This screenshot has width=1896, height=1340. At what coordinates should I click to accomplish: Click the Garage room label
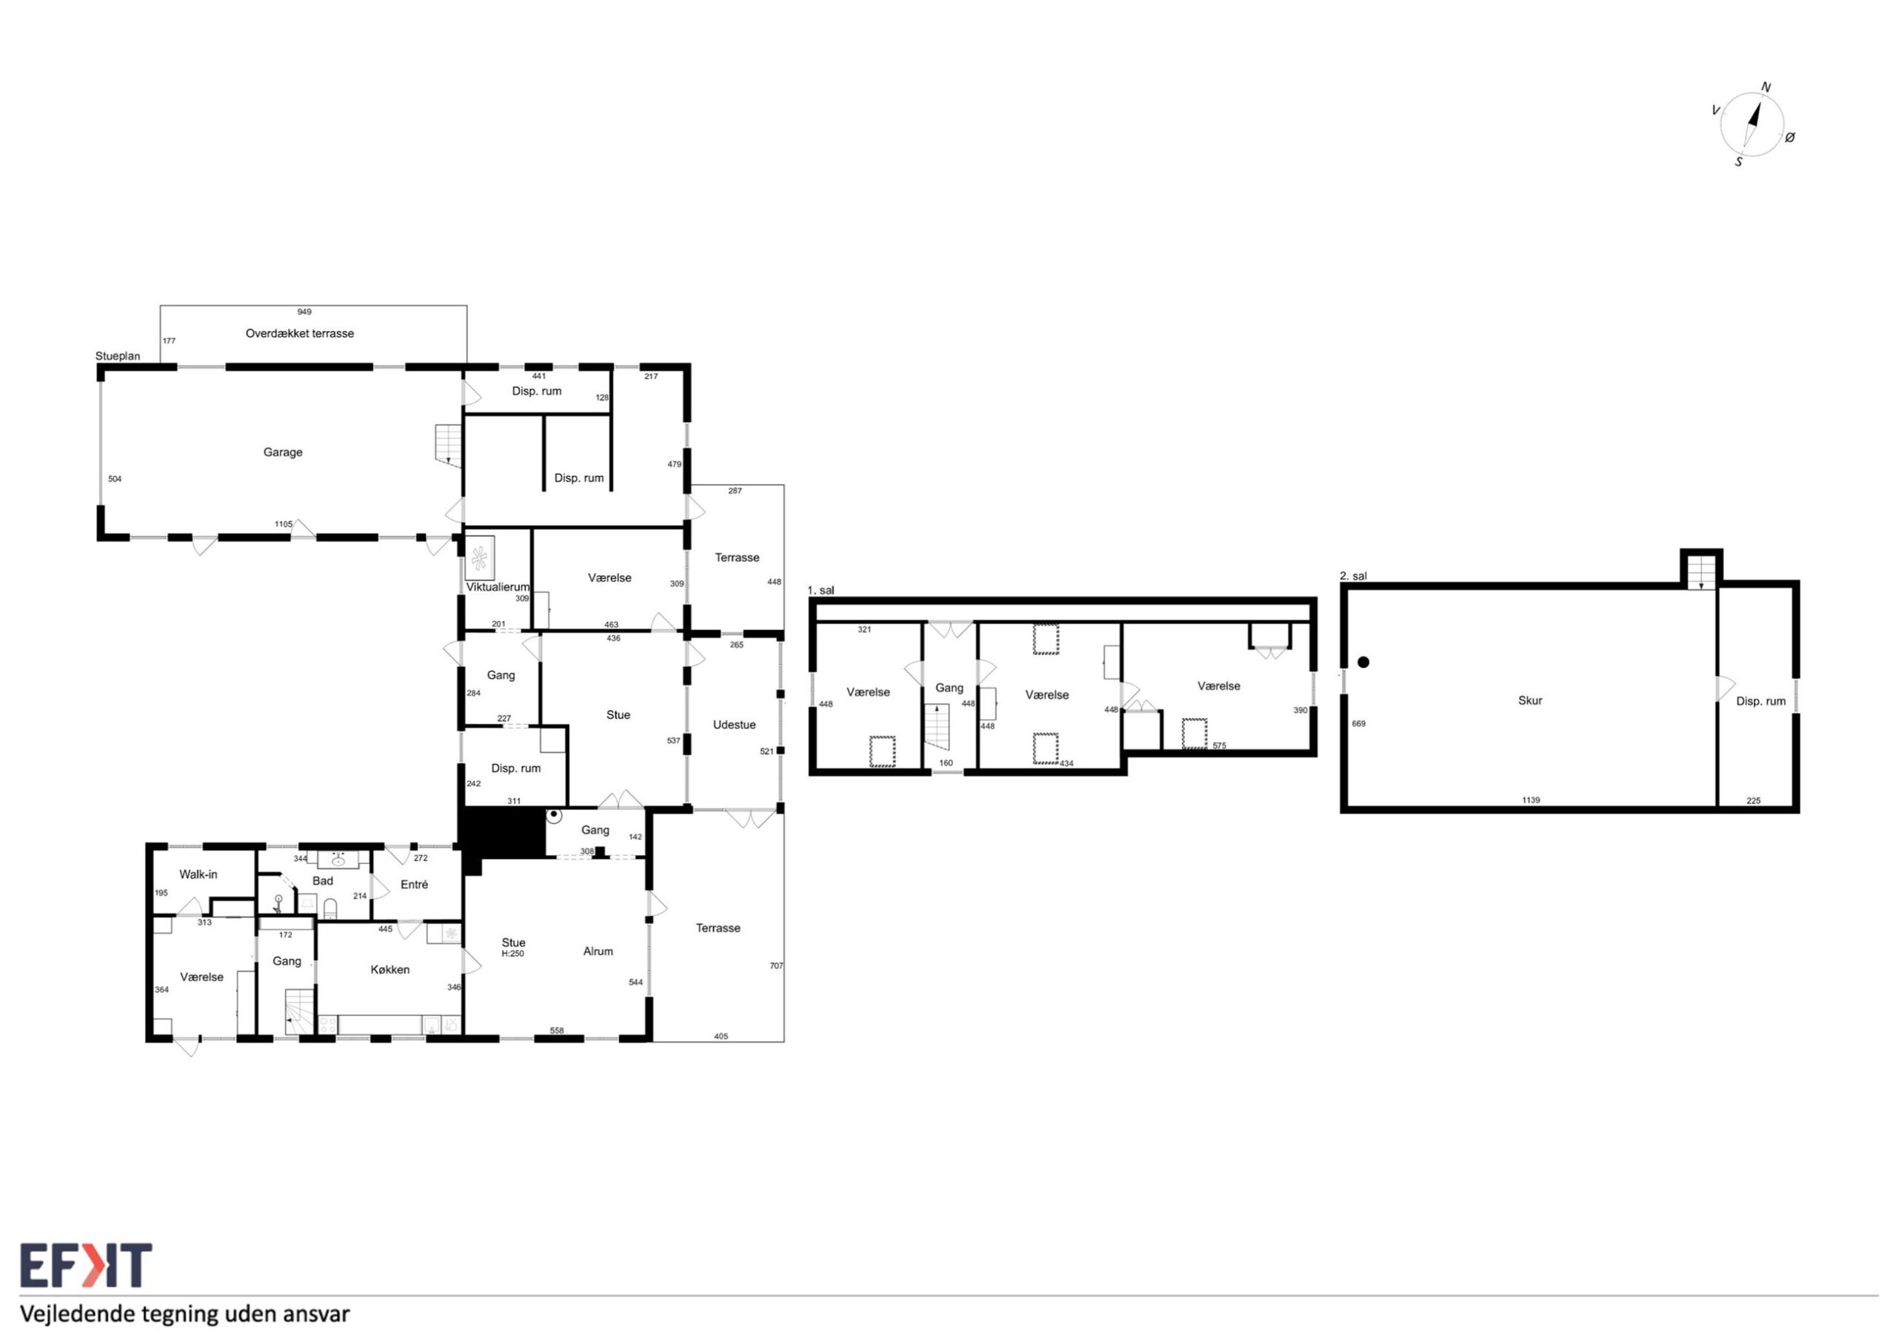tap(282, 452)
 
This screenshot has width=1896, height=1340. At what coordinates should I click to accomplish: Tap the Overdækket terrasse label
tap(300, 334)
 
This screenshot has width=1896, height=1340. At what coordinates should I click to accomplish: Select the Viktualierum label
tap(497, 587)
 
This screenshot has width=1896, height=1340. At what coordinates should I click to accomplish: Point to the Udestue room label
tap(734, 725)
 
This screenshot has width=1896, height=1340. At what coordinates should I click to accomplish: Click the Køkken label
tap(390, 969)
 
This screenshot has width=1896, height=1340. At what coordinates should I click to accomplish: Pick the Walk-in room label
tap(198, 874)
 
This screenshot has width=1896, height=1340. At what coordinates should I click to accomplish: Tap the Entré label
tap(415, 884)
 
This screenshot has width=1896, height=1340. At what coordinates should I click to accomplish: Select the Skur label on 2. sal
tap(1530, 700)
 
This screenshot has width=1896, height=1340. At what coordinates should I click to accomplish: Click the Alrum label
tap(598, 951)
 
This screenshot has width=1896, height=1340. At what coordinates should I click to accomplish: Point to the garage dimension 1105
tap(283, 524)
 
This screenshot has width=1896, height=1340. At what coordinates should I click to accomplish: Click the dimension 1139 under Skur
tap(1531, 800)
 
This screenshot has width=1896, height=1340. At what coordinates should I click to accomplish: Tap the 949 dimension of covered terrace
tap(304, 312)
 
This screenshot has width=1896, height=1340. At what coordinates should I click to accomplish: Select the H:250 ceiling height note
tap(513, 954)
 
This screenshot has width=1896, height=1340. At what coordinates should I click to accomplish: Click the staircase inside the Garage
tap(448, 445)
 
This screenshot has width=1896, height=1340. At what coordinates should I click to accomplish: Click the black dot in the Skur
tap(1363, 662)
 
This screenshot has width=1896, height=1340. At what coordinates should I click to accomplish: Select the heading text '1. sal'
tap(821, 590)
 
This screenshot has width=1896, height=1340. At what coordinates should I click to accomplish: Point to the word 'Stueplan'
tap(117, 357)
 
